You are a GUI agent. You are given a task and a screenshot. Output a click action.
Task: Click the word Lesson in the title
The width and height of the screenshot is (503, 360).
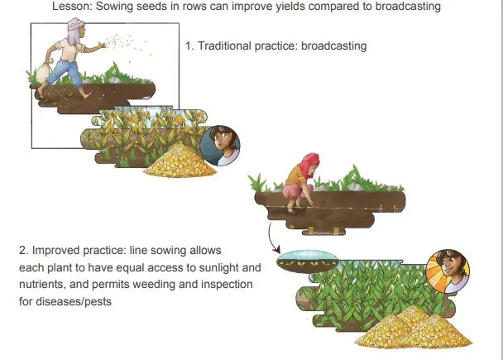tap(72, 6)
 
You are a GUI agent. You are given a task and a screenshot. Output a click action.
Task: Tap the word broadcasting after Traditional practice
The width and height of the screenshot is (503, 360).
tap(334, 46)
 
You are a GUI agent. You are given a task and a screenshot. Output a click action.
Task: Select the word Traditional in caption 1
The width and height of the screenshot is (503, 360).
tap(224, 46)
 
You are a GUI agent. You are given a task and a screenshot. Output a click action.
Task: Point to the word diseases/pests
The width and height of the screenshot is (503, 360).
tap(74, 301)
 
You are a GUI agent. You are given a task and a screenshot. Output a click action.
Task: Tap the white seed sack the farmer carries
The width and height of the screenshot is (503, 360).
tap(44, 72)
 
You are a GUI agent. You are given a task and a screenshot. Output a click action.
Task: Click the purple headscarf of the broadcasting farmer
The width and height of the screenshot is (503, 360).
tap(75, 30)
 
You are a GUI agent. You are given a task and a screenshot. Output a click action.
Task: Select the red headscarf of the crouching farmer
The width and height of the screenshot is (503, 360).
tap(309, 164)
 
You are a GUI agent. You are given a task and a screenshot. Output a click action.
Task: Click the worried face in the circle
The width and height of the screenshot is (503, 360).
tap(220, 146)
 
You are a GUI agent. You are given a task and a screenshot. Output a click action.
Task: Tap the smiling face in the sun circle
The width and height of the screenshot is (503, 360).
tap(448, 271)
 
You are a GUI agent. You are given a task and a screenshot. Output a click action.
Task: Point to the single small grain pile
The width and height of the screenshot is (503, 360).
tap(180, 161)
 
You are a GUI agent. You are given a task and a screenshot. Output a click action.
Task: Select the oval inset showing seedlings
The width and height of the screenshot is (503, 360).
tap(307, 262)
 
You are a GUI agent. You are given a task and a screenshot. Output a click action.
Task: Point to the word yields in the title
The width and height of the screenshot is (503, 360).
tap(290, 6)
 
